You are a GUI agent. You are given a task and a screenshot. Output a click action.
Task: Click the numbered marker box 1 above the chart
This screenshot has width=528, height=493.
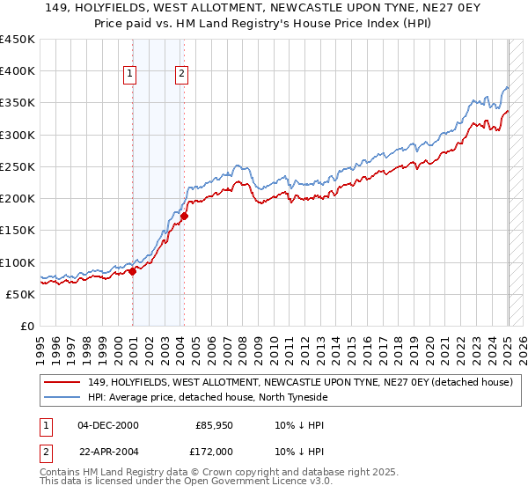pos(130,75)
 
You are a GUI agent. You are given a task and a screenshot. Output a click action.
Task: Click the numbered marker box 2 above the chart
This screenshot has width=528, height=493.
pos(181,75)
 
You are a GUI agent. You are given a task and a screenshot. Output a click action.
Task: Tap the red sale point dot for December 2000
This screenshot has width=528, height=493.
pos(133,271)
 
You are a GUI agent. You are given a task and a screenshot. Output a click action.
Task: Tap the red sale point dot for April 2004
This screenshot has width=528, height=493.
pos(185,216)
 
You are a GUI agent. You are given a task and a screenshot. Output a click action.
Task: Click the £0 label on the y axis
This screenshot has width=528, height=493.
pos(26,327)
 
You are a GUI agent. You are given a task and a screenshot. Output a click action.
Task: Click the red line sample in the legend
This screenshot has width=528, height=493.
pos(62,383)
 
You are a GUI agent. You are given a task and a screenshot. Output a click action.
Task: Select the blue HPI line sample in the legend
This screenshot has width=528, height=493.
pos(62,397)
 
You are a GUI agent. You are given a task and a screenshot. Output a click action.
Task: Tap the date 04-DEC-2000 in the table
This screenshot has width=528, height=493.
pos(107,425)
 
